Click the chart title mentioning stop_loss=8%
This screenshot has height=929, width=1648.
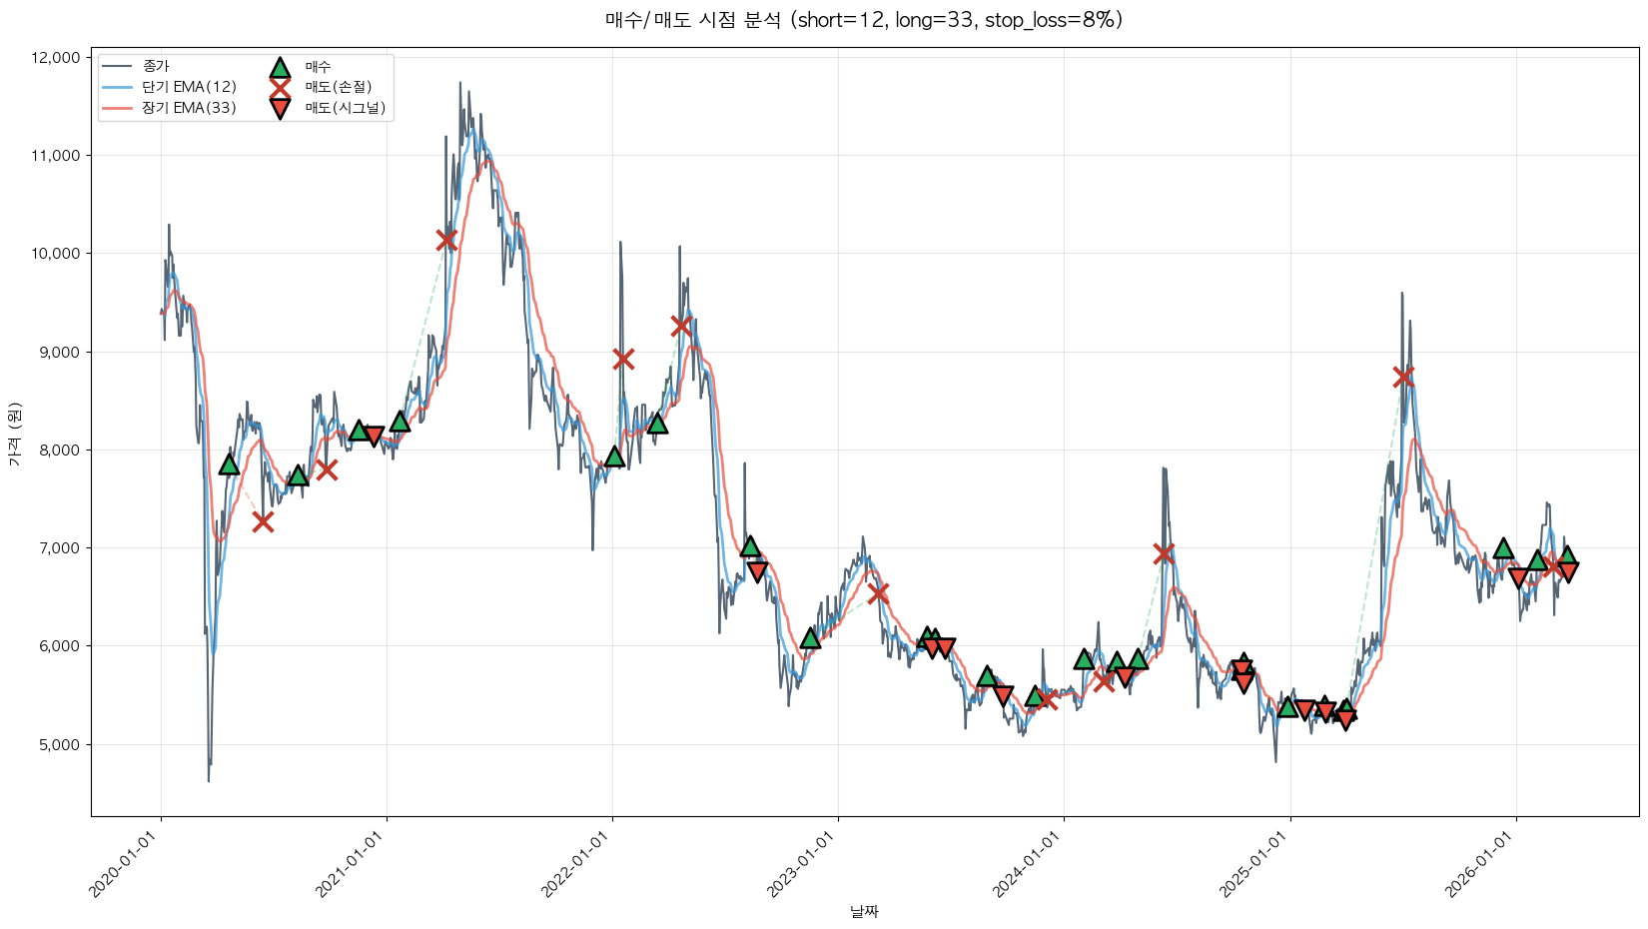[x=863, y=20]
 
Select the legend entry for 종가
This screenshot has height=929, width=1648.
[x=156, y=66]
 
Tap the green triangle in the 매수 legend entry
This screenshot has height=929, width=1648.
[x=280, y=67]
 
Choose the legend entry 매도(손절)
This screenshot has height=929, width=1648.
[x=338, y=87]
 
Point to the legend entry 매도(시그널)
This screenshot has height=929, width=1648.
[x=345, y=108]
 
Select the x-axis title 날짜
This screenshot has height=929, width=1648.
[x=864, y=911]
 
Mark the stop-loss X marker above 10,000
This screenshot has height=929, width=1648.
[x=446, y=240]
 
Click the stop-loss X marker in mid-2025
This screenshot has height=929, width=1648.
[x=1403, y=376]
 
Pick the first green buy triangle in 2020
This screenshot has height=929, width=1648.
[x=229, y=464]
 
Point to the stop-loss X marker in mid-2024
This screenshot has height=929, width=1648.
[x=1164, y=553]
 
